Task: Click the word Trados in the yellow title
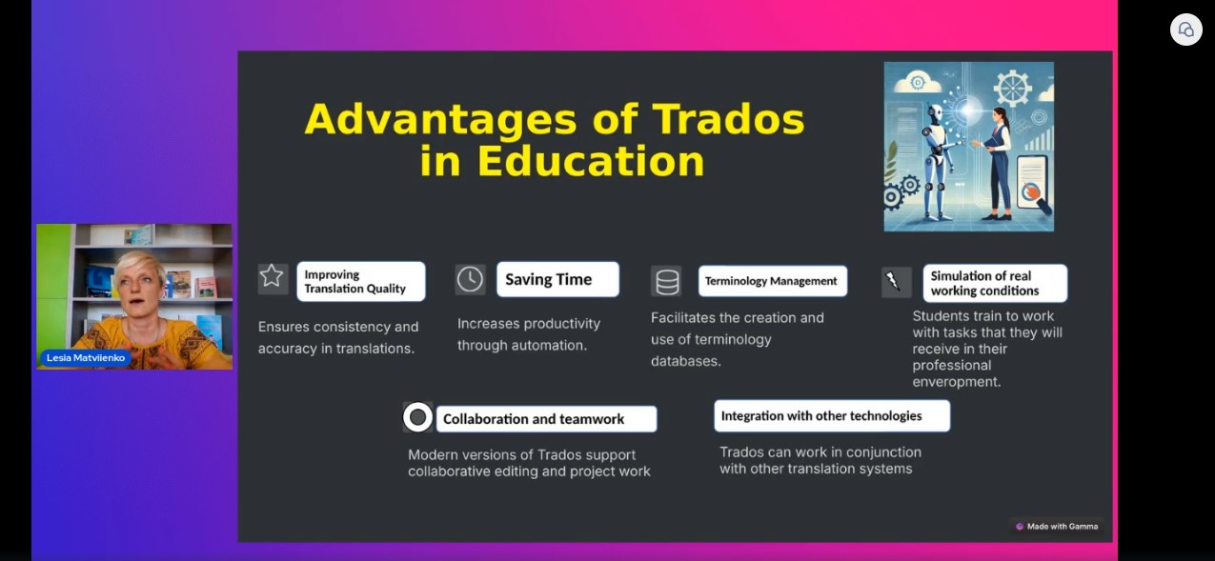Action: tap(728, 119)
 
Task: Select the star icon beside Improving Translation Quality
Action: tap(272, 276)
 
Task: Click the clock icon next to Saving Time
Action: tap(470, 280)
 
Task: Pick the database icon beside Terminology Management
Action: tap(667, 281)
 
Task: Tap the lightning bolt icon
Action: tap(892, 281)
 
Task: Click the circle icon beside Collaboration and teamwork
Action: tap(417, 417)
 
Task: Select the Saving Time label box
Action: tap(557, 279)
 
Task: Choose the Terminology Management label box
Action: tap(773, 281)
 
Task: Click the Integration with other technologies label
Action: tap(832, 415)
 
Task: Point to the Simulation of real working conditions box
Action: tap(995, 283)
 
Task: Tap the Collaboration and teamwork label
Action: tap(546, 419)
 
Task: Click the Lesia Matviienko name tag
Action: tap(86, 358)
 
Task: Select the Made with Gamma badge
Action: tap(1057, 527)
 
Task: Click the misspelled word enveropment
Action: tap(956, 382)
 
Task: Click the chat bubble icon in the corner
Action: tap(1185, 30)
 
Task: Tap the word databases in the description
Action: tap(685, 361)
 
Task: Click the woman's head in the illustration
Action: tap(999, 115)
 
